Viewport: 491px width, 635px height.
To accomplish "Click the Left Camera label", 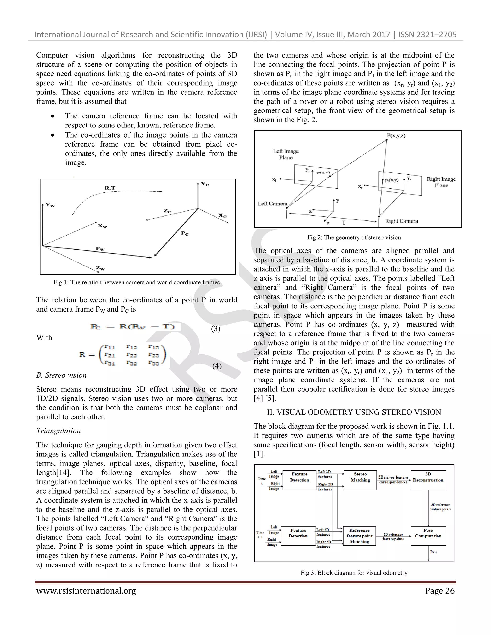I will [x=273, y=203].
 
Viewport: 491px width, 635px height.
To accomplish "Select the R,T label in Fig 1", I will [x=110, y=188].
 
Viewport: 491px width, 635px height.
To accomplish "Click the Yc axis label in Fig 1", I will [x=205, y=184].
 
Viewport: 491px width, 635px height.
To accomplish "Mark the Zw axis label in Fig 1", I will [x=100, y=268].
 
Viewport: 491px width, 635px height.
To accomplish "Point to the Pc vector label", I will [x=185, y=233].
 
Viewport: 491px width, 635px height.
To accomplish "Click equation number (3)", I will [x=216, y=329].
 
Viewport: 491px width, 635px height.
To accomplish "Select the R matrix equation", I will [x=123, y=355].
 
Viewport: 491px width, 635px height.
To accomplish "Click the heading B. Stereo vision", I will [x=61, y=375].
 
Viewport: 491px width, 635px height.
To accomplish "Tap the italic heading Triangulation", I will [x=58, y=431].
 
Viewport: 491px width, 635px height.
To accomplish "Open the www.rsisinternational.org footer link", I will [x=86, y=591].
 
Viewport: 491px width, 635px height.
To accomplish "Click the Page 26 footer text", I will [x=439, y=591].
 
